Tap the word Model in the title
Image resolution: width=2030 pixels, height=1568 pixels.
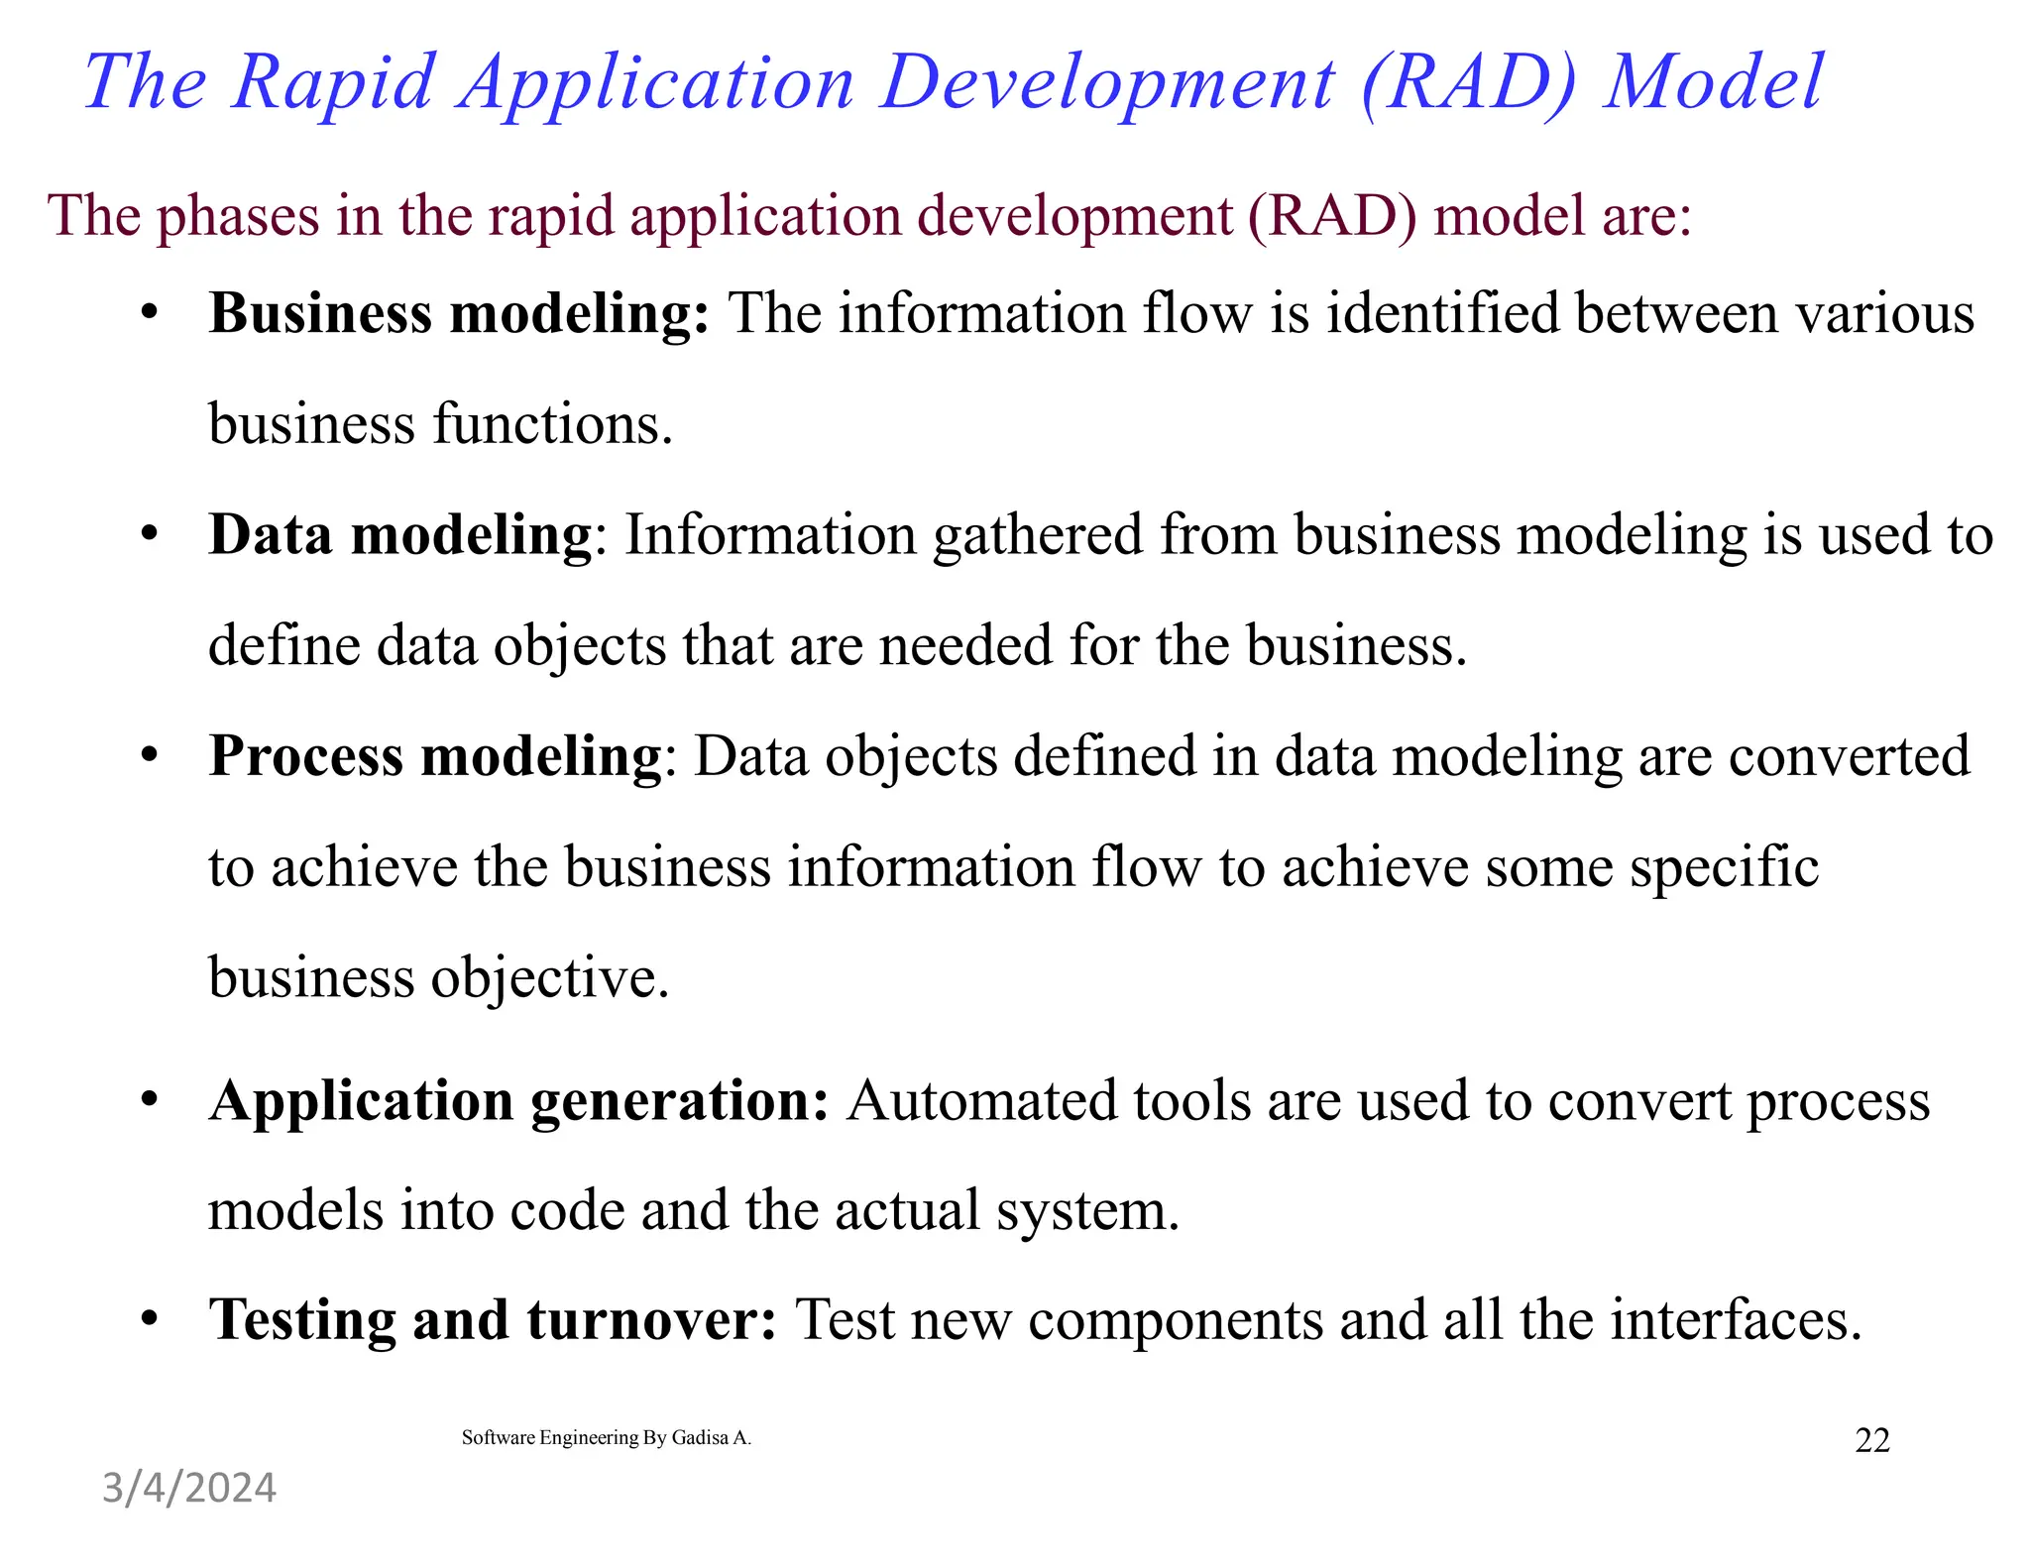(1714, 83)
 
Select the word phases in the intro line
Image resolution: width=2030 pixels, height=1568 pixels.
(239, 215)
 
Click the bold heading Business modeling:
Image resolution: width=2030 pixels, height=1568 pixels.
(459, 314)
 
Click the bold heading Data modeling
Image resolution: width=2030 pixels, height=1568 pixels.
(399, 535)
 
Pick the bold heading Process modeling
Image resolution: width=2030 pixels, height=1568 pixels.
(434, 756)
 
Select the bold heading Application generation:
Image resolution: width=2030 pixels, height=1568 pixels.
(518, 1100)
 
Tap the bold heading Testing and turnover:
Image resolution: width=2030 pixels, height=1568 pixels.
(493, 1320)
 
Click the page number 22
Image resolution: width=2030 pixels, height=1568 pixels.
(1871, 1440)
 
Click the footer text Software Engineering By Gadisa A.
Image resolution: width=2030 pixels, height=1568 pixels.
(607, 1438)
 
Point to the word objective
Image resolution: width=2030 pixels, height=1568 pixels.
(550, 978)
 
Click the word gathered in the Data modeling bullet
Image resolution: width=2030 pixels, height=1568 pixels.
(1038, 535)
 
